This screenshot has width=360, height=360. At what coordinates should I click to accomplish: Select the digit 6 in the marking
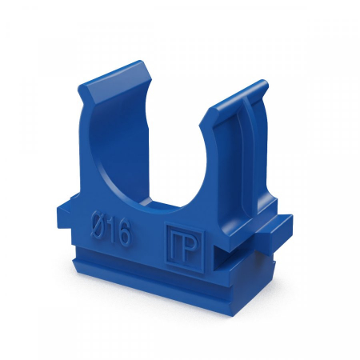(x=124, y=233)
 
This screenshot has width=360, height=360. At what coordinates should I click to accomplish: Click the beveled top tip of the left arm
(x=115, y=79)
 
